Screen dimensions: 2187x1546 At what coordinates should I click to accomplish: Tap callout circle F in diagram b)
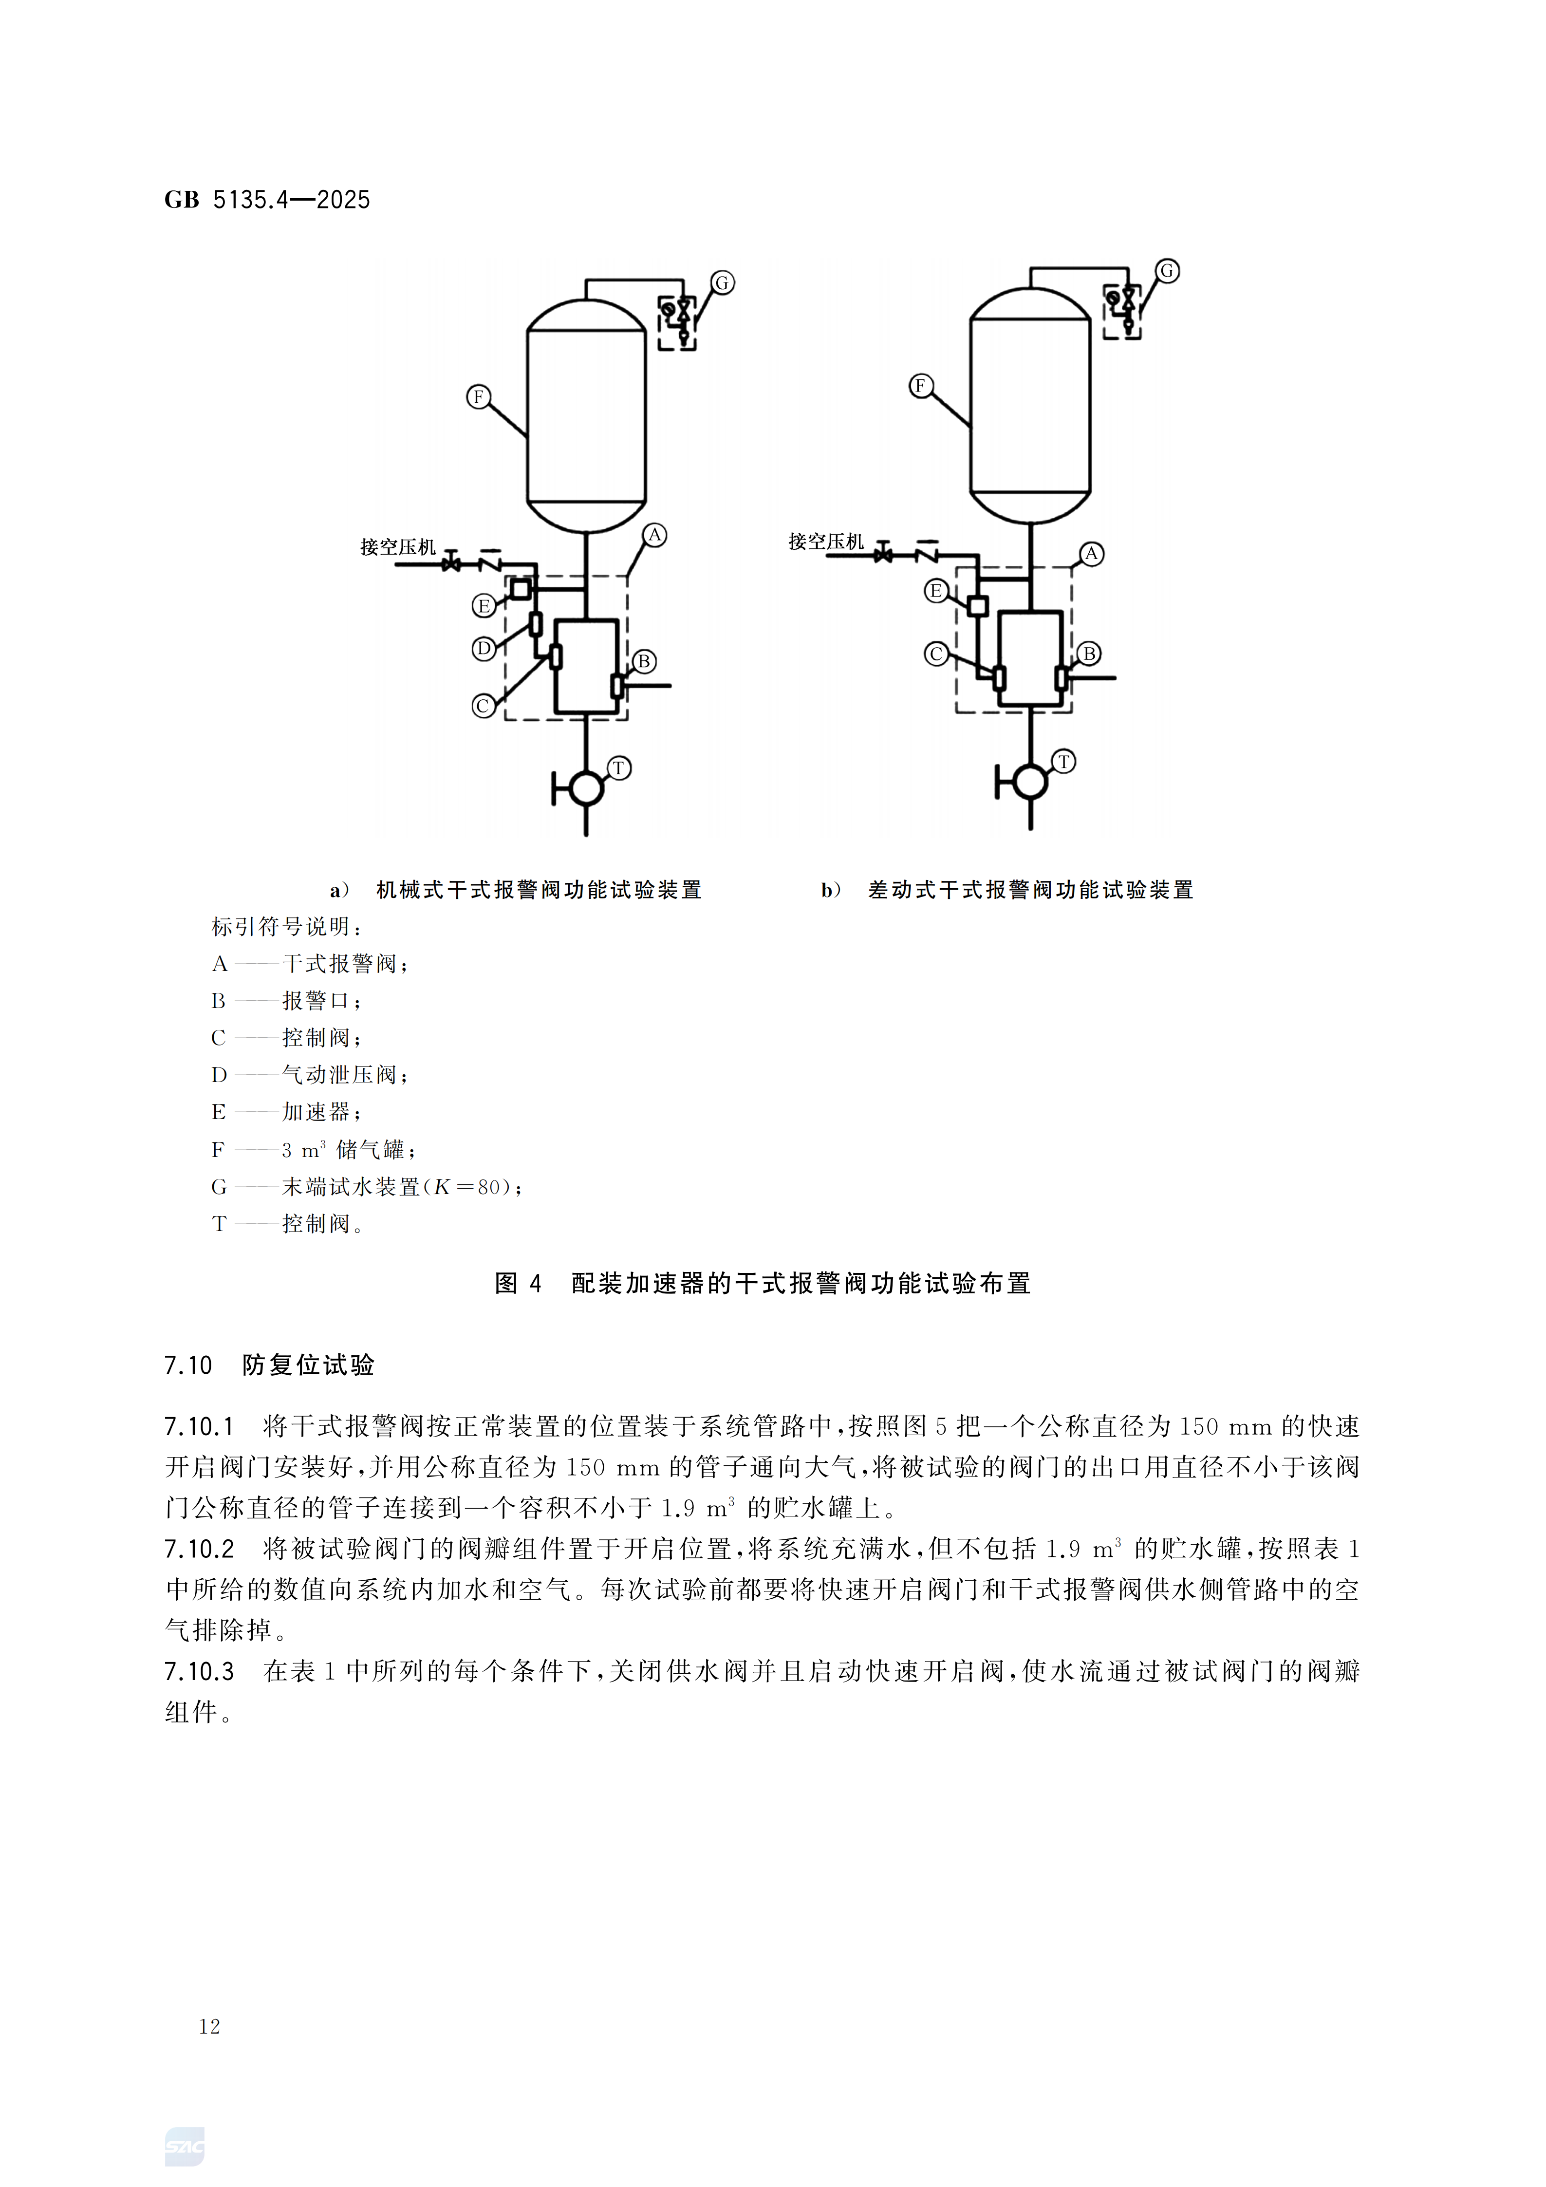(920, 386)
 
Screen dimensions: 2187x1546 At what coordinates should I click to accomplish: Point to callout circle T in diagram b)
(1064, 761)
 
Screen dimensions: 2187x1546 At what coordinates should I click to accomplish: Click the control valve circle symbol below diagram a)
(586, 788)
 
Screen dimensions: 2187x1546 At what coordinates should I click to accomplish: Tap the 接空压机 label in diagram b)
(826, 542)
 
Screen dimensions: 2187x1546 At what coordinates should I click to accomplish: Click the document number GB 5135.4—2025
(267, 200)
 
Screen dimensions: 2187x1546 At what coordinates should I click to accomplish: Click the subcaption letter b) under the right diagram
(831, 890)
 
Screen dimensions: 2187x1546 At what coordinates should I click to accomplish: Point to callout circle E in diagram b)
(936, 592)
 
